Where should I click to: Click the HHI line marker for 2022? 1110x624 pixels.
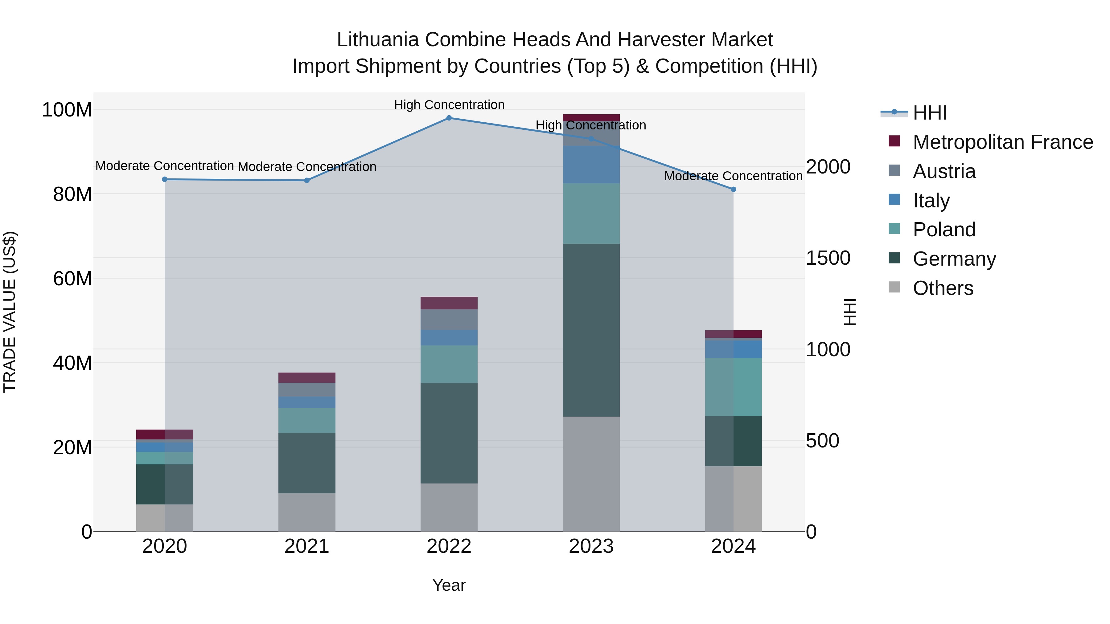[x=449, y=118]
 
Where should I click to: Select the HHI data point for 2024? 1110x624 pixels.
[x=734, y=190]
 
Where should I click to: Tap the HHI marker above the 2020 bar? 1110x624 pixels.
[x=165, y=180]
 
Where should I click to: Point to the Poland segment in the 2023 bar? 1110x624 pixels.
[x=591, y=214]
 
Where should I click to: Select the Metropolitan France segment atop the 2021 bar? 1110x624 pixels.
[x=307, y=378]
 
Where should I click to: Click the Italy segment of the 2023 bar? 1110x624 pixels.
[x=591, y=165]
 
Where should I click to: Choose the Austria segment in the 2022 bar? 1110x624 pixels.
[x=449, y=320]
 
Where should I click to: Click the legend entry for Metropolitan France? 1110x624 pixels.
[x=1003, y=142]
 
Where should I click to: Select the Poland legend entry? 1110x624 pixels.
[x=944, y=230]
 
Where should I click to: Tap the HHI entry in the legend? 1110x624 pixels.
[x=929, y=113]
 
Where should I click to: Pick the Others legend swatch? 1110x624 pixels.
[x=894, y=287]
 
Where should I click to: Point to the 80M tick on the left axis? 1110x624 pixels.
[x=72, y=194]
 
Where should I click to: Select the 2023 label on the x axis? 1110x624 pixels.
[x=591, y=546]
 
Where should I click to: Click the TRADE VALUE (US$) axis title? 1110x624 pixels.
[x=10, y=312]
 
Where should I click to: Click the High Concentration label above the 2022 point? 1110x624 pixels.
[x=449, y=105]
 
